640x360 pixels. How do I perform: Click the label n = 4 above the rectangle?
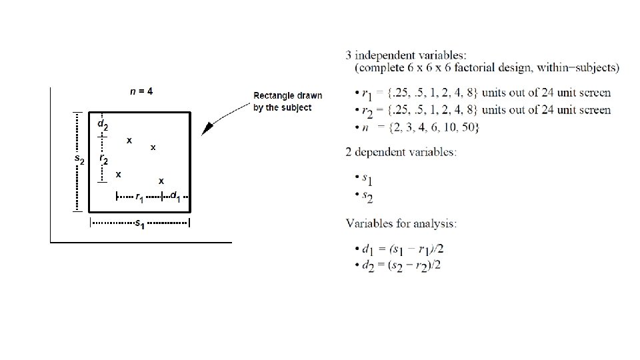pyautogui.click(x=141, y=91)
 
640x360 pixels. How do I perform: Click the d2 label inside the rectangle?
pyautogui.click(x=103, y=124)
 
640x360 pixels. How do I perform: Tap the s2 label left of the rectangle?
pyautogui.click(x=79, y=160)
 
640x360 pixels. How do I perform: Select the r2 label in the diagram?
pyautogui.click(x=103, y=159)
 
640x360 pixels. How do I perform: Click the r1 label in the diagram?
pyautogui.click(x=139, y=197)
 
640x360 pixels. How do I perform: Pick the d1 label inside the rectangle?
pyautogui.click(x=175, y=196)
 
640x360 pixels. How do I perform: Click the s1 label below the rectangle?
pyautogui.click(x=139, y=225)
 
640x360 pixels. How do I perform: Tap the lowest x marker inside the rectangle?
pyautogui.click(x=161, y=181)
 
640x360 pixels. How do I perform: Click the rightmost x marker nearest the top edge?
pyautogui.click(x=153, y=147)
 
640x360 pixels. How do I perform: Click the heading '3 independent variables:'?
pyautogui.click(x=398, y=54)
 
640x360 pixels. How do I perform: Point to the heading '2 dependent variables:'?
pyautogui.click(x=401, y=152)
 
